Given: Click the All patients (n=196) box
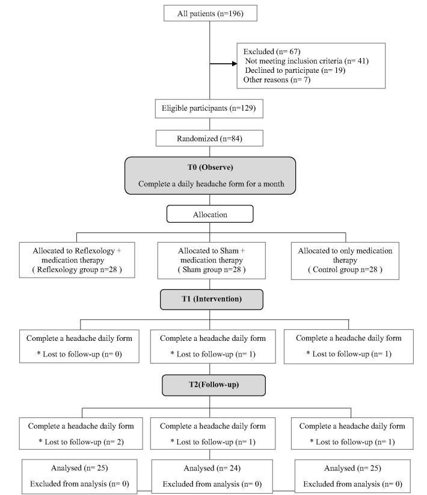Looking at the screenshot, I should click(210, 13).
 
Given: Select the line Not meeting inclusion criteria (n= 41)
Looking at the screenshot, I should click(307, 61).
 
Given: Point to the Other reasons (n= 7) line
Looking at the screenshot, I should click(277, 80).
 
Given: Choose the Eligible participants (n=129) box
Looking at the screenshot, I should click(210, 109).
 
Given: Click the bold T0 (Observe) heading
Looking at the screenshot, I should click(210, 167).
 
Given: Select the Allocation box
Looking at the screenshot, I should click(210, 214).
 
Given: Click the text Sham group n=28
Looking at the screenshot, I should click(210, 269).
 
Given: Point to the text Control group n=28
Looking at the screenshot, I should click(345, 269).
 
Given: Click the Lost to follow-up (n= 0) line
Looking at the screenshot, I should click(81, 353).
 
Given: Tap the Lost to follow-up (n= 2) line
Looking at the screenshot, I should click(81, 441).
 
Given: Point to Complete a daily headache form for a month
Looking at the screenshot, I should click(210, 183).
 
